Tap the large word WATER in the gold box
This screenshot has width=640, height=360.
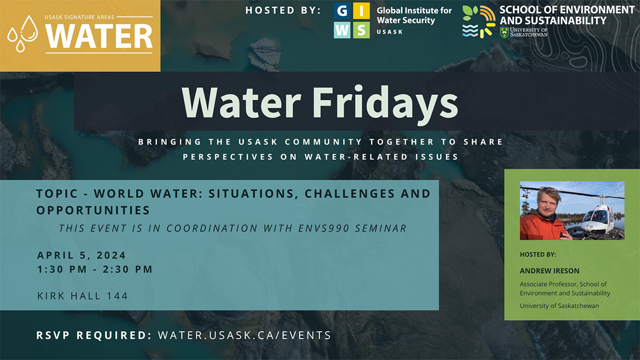(99, 36)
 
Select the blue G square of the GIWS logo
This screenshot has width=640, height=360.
(342, 11)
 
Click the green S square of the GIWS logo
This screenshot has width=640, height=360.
(361, 29)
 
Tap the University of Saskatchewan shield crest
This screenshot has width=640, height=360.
(504, 32)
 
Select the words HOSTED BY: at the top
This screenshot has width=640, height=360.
(283, 10)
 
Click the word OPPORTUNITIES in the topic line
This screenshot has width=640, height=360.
(93, 210)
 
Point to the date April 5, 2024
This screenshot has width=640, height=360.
(82, 255)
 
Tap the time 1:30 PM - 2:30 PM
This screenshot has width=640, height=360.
(95, 269)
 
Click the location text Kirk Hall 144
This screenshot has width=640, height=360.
(83, 295)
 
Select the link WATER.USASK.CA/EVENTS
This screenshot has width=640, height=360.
(244, 335)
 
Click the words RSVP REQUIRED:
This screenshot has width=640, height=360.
(94, 335)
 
